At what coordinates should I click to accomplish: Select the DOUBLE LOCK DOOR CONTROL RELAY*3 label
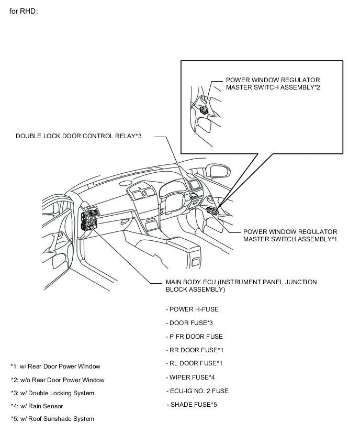point(78,136)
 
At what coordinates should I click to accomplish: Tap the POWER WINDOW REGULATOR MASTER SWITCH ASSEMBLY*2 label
point(273,84)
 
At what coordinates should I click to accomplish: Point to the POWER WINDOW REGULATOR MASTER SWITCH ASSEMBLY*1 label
point(290,235)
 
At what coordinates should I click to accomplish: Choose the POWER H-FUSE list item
point(192,309)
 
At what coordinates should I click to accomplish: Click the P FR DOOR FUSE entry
point(194,337)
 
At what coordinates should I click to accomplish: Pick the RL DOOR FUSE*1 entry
point(194,363)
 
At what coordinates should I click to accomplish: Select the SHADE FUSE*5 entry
point(193,405)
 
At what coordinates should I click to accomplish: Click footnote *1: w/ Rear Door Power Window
point(55,366)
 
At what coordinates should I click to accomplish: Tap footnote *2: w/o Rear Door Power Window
point(58,380)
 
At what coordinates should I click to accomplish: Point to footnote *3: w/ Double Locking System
point(52,393)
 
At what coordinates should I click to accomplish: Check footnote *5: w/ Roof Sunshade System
point(52,419)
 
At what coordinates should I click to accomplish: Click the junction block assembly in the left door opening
point(90,220)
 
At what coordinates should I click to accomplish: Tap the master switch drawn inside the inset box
point(204,110)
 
